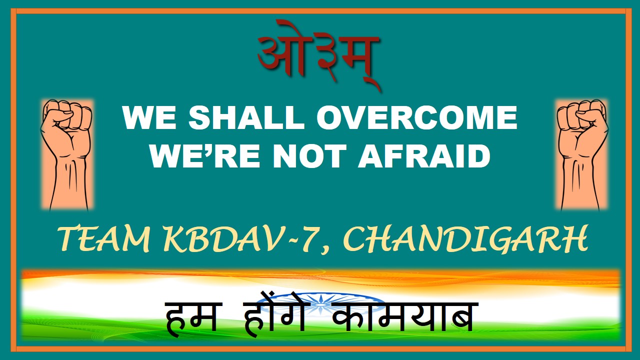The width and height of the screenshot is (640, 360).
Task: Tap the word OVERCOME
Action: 417,117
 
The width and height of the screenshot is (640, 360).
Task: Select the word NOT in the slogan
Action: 310,155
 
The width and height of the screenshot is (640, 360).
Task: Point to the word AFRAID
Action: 424,155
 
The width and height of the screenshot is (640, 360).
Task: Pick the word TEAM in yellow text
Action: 104,238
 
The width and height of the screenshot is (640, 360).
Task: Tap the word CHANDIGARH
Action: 465,238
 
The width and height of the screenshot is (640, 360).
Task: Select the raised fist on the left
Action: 66,154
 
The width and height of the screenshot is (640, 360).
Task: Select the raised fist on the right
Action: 582,154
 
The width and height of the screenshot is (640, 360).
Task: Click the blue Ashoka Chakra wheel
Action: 321,303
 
